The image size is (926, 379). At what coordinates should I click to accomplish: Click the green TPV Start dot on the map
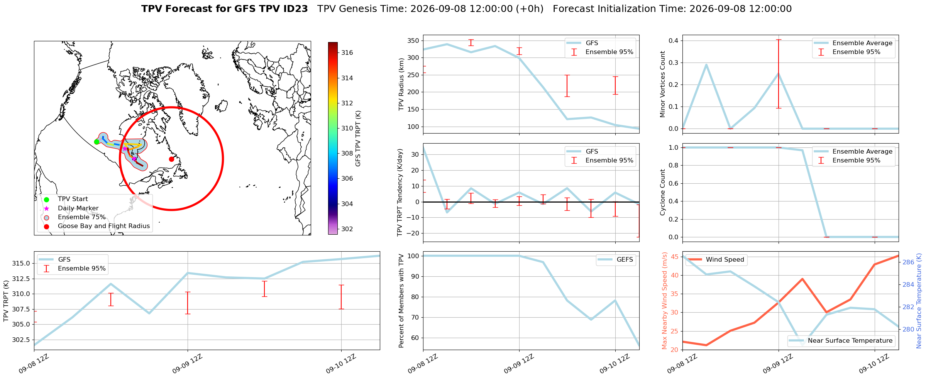click(96, 142)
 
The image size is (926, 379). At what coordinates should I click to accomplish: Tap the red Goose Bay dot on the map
click(171, 159)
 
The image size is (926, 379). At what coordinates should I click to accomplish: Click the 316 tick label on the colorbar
click(347, 53)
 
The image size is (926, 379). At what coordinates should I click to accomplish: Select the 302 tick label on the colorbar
click(347, 229)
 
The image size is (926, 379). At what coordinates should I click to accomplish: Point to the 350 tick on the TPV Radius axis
click(413, 41)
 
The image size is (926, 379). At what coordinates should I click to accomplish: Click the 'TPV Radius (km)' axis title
click(401, 84)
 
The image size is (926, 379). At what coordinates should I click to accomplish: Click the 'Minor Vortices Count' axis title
click(663, 84)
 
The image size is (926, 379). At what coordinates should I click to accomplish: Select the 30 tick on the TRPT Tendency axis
click(415, 154)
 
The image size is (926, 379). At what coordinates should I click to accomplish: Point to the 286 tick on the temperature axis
click(908, 262)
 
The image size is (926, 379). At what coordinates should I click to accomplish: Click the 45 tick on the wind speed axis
click(674, 257)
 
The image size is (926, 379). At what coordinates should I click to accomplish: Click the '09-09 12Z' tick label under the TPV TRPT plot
click(187, 364)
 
